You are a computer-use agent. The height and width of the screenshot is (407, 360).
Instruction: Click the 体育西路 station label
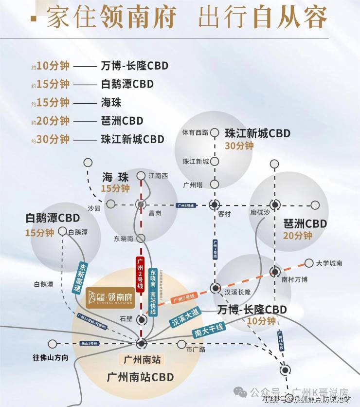[195, 132]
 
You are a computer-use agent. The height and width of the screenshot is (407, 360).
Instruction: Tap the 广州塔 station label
[192, 185]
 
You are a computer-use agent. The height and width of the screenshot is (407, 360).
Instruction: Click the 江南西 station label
[158, 176]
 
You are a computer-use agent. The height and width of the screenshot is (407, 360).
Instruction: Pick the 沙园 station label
[94, 208]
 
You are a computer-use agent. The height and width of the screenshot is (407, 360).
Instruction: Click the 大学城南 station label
[329, 263]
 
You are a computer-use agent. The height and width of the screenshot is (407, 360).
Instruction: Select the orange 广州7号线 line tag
[184, 296]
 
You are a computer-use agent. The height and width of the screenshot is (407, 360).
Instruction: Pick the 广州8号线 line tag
[185, 206]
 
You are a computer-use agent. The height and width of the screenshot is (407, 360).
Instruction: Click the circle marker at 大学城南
[309, 263]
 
